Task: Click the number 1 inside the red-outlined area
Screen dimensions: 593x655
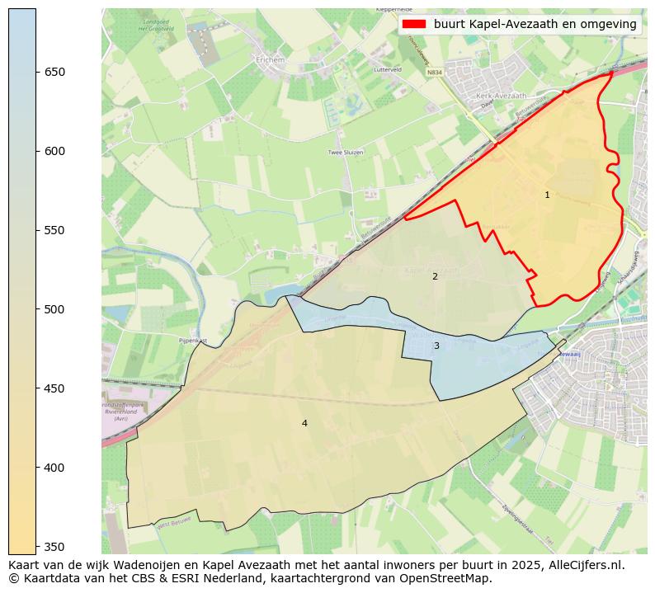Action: click(547, 195)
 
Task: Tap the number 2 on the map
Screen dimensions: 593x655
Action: click(435, 277)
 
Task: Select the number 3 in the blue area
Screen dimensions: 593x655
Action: click(436, 346)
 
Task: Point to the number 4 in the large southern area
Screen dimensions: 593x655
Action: click(304, 424)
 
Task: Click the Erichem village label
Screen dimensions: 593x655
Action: click(269, 60)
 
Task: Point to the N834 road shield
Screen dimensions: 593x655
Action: click(434, 73)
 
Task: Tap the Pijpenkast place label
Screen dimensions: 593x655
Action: click(191, 340)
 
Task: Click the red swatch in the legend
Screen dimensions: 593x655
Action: click(415, 25)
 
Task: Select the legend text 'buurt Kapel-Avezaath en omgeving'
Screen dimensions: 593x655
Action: click(535, 25)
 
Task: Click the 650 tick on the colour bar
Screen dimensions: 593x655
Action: click(54, 73)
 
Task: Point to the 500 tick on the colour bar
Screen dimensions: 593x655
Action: click(54, 310)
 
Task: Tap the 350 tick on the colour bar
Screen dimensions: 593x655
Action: click(54, 547)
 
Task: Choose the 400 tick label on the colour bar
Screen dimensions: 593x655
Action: click(54, 468)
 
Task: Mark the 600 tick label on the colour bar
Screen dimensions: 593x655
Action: click(54, 152)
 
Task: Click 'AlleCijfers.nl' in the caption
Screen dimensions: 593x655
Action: click(584, 566)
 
